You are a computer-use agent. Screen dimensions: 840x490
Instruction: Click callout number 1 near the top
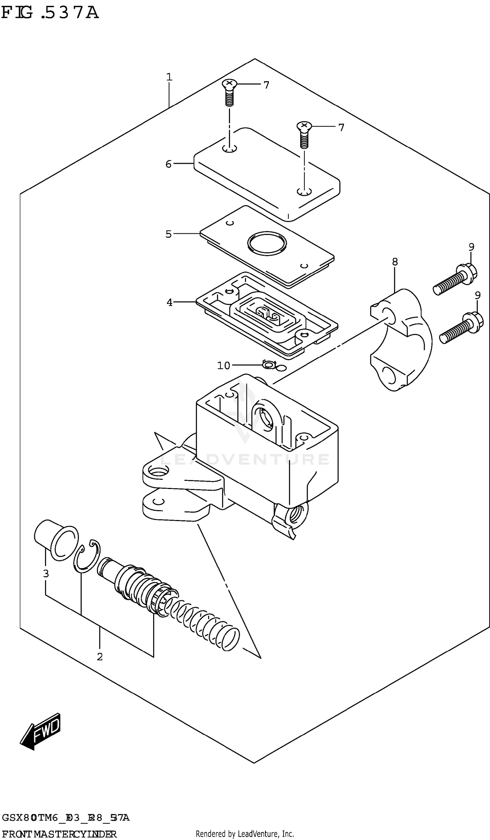(169, 77)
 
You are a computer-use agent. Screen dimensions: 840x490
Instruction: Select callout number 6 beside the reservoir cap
(169, 164)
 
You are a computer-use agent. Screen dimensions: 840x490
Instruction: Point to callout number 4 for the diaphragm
(170, 302)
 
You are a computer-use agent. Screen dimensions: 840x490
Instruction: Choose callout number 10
(223, 366)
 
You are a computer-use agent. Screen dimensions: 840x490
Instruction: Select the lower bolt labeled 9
(461, 328)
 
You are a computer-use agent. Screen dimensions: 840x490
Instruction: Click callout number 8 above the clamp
(395, 262)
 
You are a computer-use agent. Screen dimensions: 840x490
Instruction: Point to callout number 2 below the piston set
(100, 657)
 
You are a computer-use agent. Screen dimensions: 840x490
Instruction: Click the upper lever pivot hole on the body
(156, 471)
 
